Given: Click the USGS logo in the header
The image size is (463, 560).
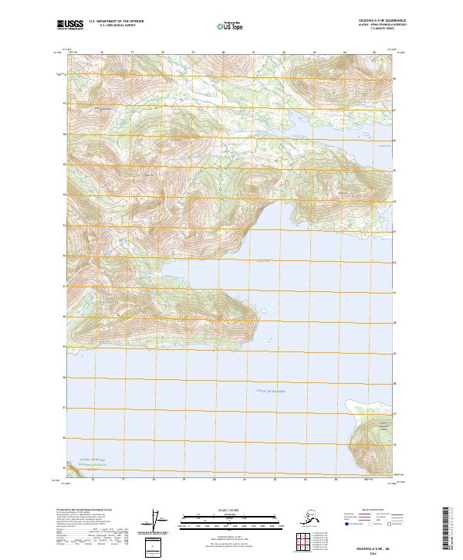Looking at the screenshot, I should click(x=67, y=25).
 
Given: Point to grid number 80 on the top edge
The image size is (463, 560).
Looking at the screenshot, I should click(x=223, y=53).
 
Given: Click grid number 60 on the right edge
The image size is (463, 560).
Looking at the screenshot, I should click(x=395, y=323).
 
